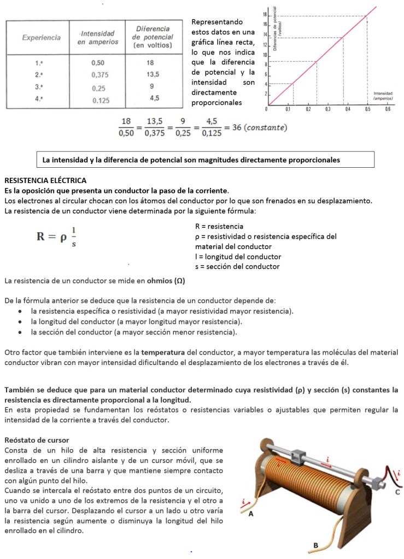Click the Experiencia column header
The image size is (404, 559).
coord(41,38)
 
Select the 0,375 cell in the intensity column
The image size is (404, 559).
coord(99,75)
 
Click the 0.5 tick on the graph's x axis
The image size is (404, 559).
coord(367,109)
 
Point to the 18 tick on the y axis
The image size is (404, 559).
coord(265,14)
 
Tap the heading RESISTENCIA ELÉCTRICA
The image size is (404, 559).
coord(45,180)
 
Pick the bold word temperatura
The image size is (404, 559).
coord(162,352)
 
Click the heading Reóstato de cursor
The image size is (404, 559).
coord(37,439)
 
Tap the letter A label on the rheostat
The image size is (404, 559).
coord(250,514)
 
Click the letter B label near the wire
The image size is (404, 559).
coord(315,545)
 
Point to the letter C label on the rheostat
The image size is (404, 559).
coord(397,492)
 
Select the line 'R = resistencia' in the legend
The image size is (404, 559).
coord(219,226)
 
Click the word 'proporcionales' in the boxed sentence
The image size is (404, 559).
coord(314,160)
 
